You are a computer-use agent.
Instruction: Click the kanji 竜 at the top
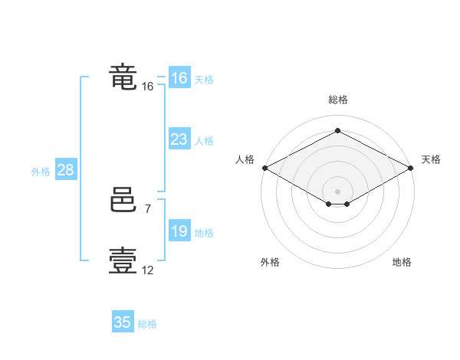tap(123, 77)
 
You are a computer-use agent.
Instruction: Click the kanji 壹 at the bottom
tap(123, 260)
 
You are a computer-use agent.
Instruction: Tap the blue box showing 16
tap(179, 78)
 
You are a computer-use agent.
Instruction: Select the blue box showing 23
tap(179, 139)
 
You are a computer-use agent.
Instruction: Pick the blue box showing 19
tap(179, 231)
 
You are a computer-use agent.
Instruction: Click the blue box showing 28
tap(65, 170)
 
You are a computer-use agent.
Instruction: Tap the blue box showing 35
tap(123, 322)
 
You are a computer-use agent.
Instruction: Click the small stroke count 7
tap(147, 208)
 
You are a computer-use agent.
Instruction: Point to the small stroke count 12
tap(147, 270)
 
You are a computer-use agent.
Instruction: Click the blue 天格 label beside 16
tap(204, 80)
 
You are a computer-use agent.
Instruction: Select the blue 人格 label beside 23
tap(204, 141)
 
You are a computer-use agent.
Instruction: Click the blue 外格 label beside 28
tap(41, 172)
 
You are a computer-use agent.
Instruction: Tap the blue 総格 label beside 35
tap(147, 324)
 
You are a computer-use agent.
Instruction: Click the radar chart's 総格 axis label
tap(337, 100)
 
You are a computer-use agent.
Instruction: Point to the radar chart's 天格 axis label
tap(431, 159)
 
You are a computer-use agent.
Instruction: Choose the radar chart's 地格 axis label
tap(402, 263)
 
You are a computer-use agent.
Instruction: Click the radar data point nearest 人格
tap(264, 167)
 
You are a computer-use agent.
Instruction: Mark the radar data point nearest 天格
tap(410, 167)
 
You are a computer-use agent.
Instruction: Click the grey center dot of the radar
tap(337, 191)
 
